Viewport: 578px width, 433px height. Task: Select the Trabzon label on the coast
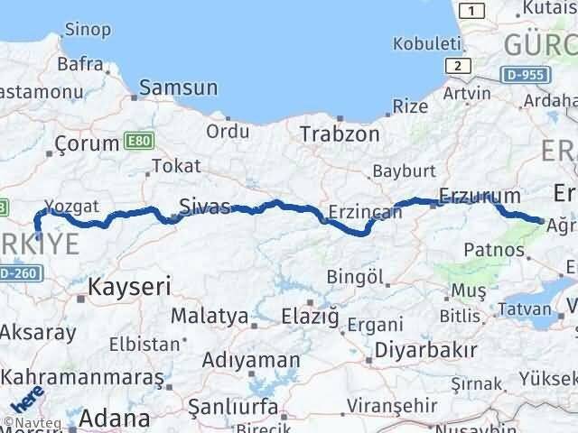[340, 133]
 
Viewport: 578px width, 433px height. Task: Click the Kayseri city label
[129, 287]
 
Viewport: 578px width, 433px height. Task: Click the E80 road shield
[135, 142]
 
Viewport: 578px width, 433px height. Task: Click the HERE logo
[27, 399]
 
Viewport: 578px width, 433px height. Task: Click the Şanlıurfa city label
[233, 407]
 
